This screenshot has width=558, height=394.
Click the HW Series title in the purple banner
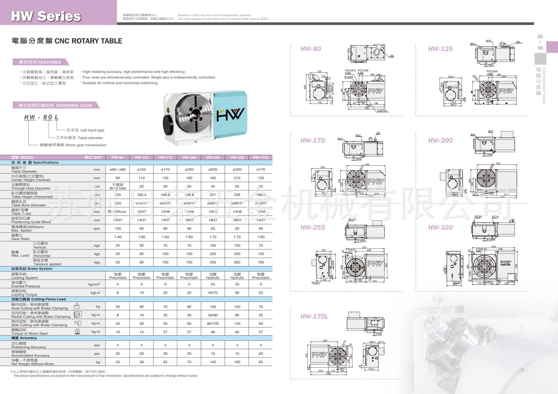coord(46,16)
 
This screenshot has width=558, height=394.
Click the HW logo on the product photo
coord(230,114)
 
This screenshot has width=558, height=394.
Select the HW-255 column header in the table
coord(213,157)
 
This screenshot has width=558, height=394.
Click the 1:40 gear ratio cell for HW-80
coord(118,237)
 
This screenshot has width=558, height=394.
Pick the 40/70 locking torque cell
coord(213,293)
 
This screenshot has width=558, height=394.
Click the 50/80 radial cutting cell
coord(213,315)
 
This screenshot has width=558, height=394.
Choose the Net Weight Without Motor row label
coord(33,362)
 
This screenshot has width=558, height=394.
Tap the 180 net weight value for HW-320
coord(237,362)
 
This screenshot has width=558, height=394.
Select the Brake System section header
coord(32,269)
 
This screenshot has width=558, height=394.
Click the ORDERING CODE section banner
coord(55,105)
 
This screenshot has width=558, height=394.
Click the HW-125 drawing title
coord(440,49)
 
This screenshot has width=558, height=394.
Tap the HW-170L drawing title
coord(314,316)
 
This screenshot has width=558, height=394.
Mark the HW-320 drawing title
coord(440,227)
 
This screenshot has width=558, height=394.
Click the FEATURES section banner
coord(40,62)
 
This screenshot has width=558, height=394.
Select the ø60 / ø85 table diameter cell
coord(118,170)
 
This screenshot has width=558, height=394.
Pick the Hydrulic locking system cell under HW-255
coord(213,276)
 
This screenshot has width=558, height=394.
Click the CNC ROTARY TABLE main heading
coord(67,41)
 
